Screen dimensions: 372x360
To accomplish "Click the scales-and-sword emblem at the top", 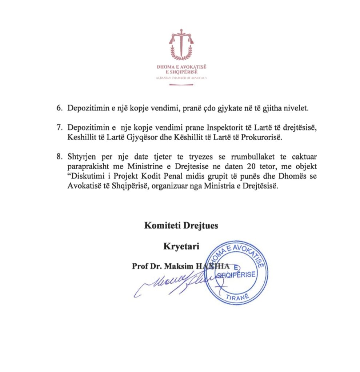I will [181, 44].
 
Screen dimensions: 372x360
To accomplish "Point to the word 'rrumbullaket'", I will [243, 157].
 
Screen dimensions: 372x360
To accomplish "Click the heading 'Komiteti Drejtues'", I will [181, 226].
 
